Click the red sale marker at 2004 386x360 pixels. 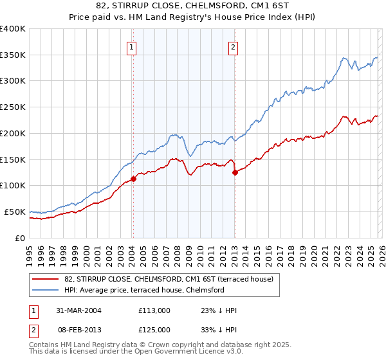(x=133, y=179)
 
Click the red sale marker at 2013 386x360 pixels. (x=234, y=172)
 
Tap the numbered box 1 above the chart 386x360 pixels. (x=131, y=46)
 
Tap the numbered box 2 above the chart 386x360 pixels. (x=232, y=46)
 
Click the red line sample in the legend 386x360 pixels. (x=46, y=279)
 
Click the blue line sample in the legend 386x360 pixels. (x=46, y=290)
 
